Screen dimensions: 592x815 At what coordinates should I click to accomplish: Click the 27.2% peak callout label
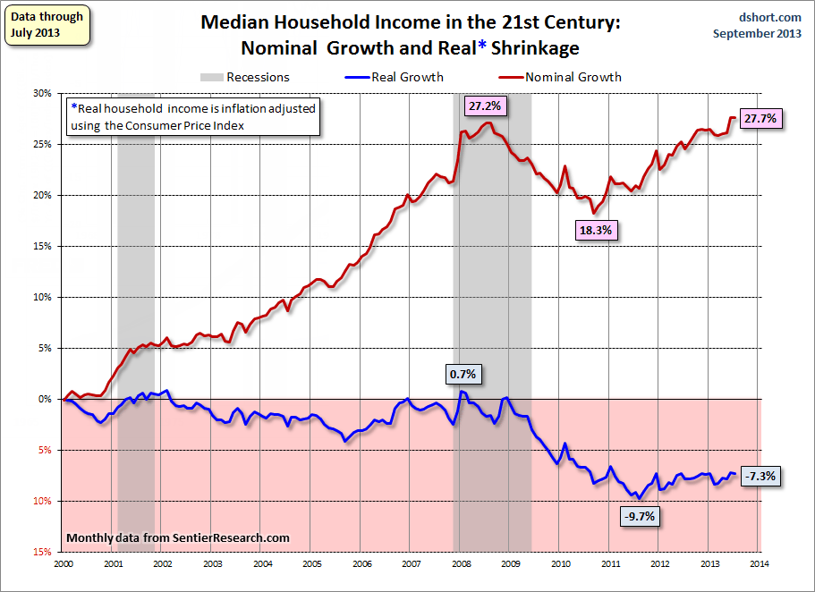pyautogui.click(x=485, y=106)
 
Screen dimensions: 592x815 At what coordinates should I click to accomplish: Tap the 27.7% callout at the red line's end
pyautogui.click(x=762, y=118)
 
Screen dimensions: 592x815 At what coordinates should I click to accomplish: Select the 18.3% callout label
pyautogui.click(x=597, y=229)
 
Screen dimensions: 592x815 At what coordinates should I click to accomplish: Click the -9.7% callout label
pyautogui.click(x=639, y=516)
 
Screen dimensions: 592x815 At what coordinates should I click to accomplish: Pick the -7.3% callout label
pyautogui.click(x=763, y=477)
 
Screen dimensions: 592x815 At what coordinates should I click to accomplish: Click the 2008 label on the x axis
pyautogui.click(x=460, y=564)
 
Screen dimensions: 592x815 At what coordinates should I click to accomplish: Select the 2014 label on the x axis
pyautogui.click(x=759, y=564)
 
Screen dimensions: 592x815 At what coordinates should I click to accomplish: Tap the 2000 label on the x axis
pyautogui.click(x=64, y=564)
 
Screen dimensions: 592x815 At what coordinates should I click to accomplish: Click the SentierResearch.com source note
pyautogui.click(x=179, y=537)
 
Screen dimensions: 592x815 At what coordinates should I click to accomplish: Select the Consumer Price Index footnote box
pyautogui.click(x=193, y=116)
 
